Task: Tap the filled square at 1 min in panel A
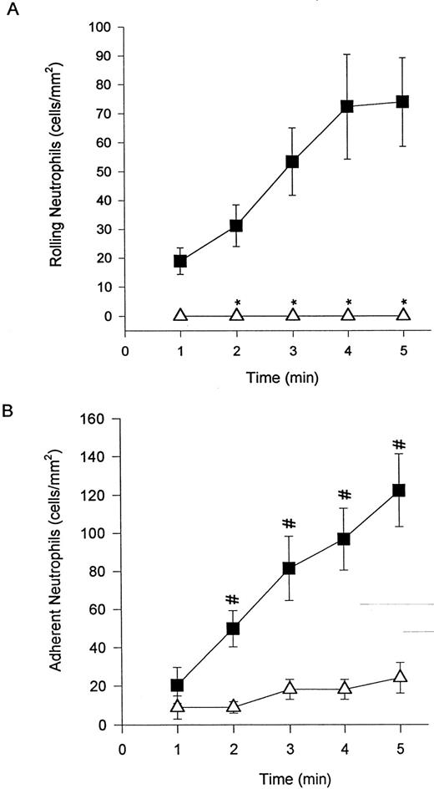click(180, 261)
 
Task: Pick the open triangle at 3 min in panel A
click(292, 314)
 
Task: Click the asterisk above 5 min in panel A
click(404, 302)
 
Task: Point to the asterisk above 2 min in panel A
click(237, 302)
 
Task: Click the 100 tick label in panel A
click(103, 27)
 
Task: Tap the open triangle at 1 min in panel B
click(178, 706)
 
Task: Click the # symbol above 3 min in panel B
click(290, 524)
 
